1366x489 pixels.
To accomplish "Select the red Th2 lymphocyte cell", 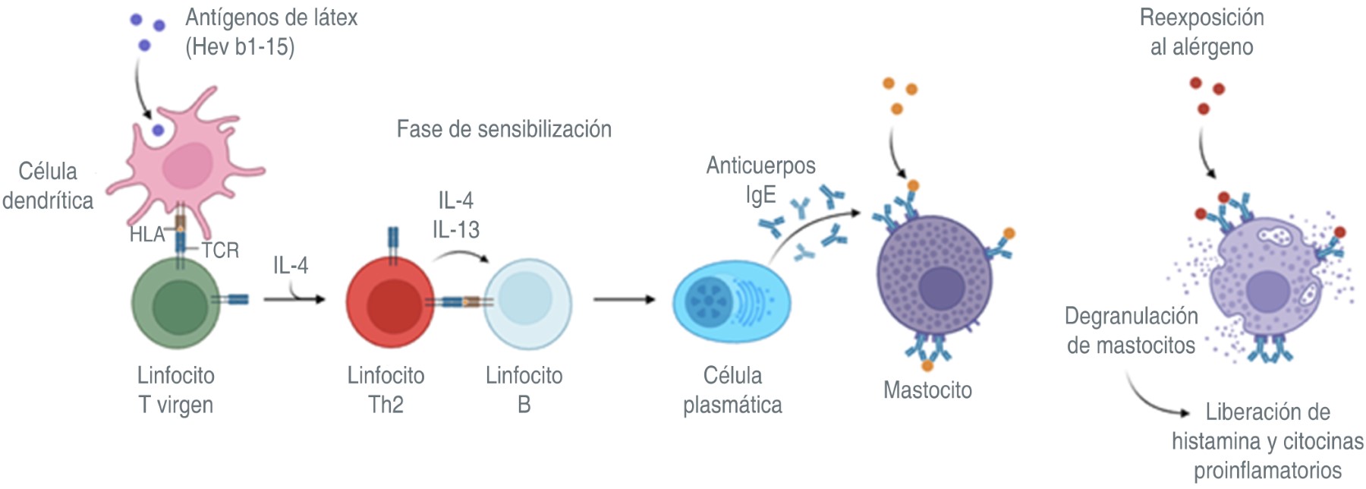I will pyautogui.click(x=389, y=302).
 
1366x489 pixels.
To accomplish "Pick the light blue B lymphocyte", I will pyautogui.click(x=527, y=302).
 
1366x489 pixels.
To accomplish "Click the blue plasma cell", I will pyautogui.click(x=731, y=302).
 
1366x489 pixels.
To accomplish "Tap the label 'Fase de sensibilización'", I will pyautogui.click(x=504, y=129).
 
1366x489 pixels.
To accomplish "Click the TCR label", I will pyautogui.click(x=220, y=250).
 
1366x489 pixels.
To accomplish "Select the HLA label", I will pyautogui.click(x=146, y=235).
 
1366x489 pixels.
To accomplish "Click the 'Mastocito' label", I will pyautogui.click(x=927, y=390).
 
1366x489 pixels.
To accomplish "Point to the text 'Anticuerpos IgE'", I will pyautogui.click(x=760, y=180).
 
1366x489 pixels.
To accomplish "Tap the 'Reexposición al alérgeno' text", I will pyautogui.click(x=1201, y=32).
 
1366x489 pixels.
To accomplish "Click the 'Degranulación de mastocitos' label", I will pyautogui.click(x=1132, y=330).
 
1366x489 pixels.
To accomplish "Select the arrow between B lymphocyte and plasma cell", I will pyautogui.click(x=623, y=299).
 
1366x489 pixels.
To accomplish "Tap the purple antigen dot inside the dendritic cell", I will pyautogui.click(x=158, y=131).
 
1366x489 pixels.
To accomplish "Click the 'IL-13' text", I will pyautogui.click(x=456, y=229).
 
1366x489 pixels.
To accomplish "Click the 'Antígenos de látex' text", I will pyautogui.click(x=271, y=17).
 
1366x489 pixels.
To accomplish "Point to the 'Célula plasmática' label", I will pyautogui.click(x=732, y=390).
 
